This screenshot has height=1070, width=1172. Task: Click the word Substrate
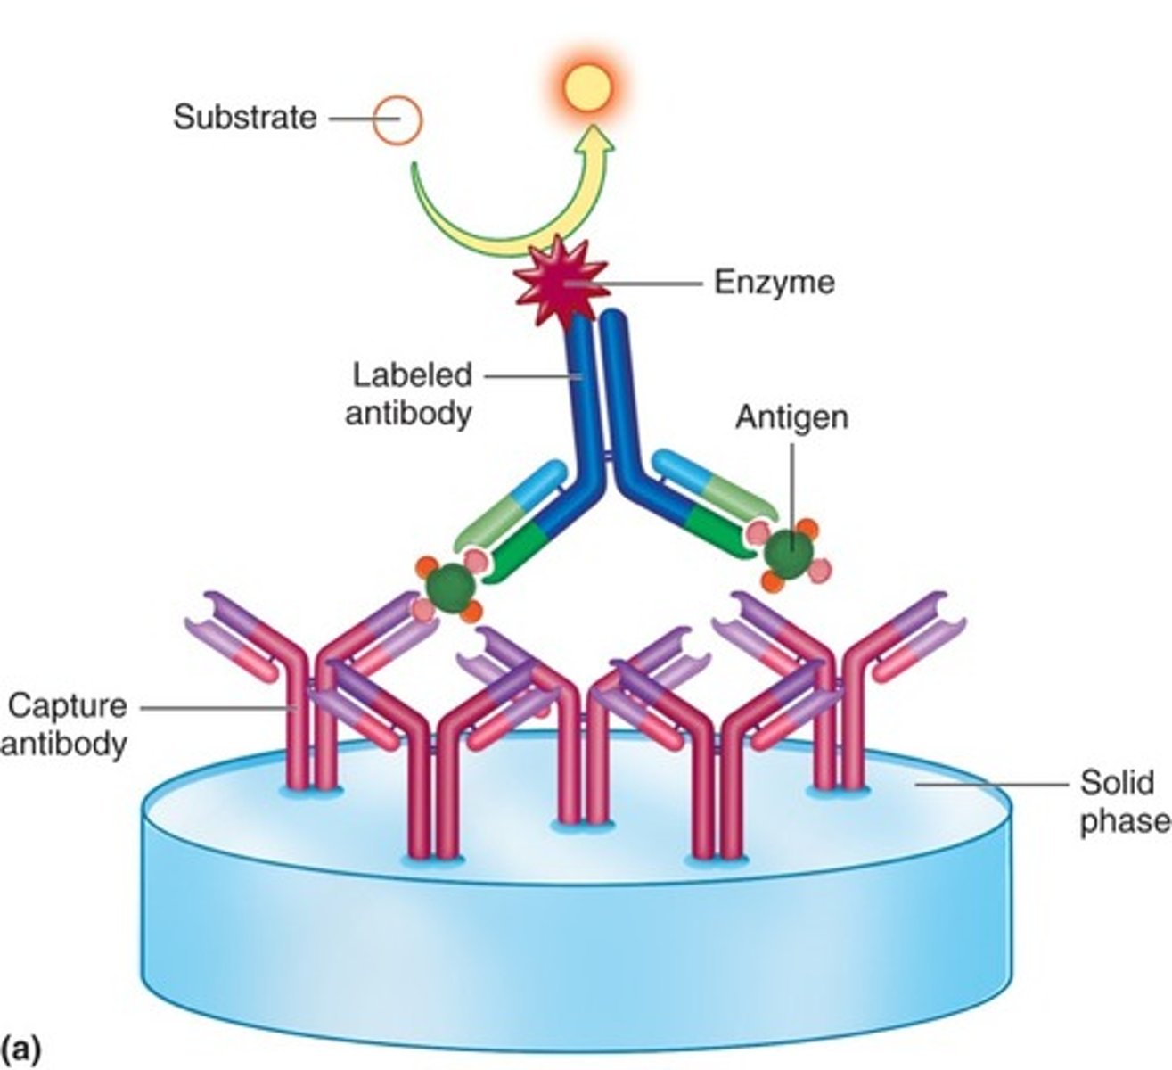[245, 118]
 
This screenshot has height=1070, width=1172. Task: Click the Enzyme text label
[775, 283]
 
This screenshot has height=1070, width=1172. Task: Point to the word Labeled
[412, 374]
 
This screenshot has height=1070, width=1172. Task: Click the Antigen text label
[791, 417]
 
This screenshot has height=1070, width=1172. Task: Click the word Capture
[68, 706]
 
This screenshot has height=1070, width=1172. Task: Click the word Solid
[1117, 783]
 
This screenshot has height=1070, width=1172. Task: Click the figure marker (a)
[21, 1049]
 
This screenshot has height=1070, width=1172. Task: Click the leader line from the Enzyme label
[642, 284]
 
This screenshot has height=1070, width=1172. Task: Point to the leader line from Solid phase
[989, 785]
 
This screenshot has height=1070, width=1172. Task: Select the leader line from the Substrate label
[350, 118]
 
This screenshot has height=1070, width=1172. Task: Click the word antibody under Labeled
[407, 414]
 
